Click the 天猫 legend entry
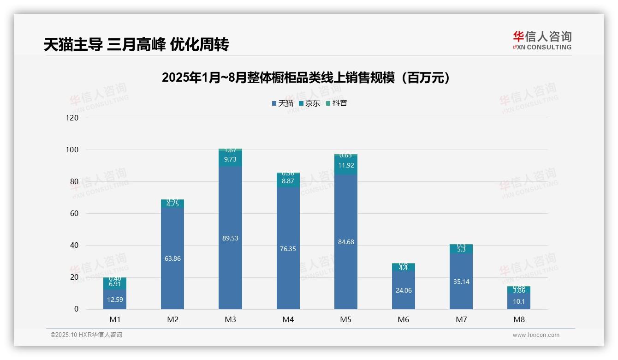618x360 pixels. pos(283,103)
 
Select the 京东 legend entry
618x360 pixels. pos(309,103)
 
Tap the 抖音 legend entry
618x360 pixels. pos(337,103)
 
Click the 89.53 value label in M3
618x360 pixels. pos(230,238)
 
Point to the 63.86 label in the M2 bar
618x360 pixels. pos(172,258)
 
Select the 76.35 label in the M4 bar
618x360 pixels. pos(288,249)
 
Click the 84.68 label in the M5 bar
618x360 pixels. pos(346,242)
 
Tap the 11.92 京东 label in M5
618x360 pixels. pos(346,165)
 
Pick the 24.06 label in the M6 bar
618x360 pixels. pos(404,290)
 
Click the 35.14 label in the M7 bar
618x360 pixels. pos(461,282)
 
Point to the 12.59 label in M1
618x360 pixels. pos(115,300)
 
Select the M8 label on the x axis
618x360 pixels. pos(519,319)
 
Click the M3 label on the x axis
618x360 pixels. pos(230,319)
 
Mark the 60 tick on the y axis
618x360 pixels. pos(74,214)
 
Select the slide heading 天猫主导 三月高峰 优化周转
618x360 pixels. pos(137,45)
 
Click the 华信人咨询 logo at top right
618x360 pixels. pos(542,41)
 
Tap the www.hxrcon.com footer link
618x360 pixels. pos(536,335)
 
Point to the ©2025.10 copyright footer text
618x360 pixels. pos(86,335)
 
